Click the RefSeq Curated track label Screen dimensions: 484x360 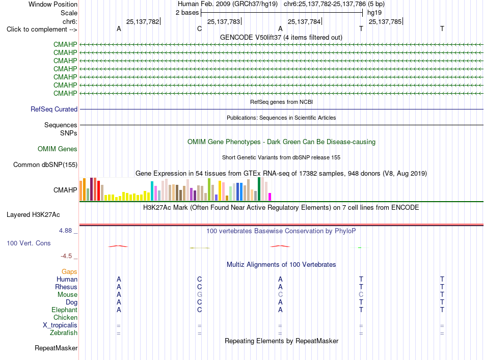54,109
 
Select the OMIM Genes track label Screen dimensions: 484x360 58,149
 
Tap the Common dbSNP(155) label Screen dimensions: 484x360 45,165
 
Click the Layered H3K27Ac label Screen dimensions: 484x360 33,215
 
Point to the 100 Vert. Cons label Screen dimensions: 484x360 29,243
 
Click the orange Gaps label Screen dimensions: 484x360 69,271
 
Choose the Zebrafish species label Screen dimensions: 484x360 64,333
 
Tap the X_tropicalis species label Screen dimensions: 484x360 60,325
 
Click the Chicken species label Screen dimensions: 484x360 65,317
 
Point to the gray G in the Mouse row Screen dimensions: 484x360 199,295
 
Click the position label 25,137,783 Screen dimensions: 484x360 224,21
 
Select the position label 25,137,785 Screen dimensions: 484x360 385,21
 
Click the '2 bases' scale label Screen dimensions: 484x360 187,13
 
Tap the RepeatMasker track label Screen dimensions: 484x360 56,348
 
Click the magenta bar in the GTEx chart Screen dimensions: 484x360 270,197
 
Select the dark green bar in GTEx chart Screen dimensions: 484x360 259,189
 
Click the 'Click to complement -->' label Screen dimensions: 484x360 42,30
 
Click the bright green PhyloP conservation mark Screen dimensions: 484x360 360,247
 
